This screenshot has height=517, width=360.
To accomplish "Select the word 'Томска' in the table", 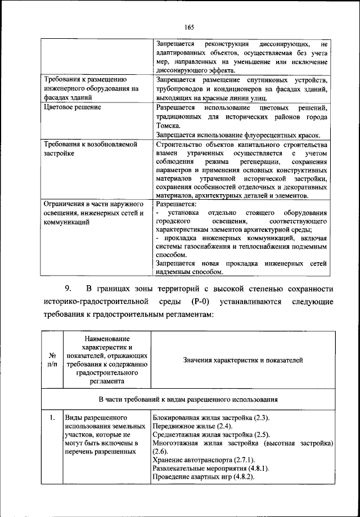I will tap(169, 125).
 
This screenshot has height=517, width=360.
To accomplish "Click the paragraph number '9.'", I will tap(67, 289).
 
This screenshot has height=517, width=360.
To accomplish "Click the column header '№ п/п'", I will tap(51, 359).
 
